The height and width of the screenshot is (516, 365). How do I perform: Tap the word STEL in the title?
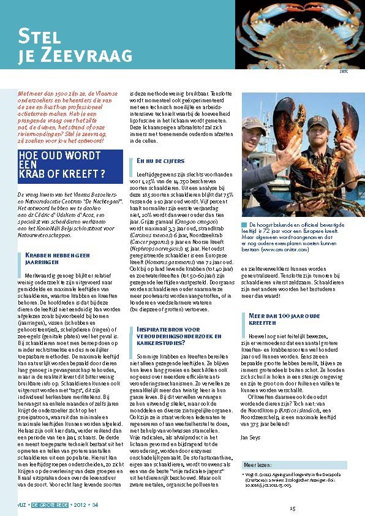pyautogui.click(x=41, y=35)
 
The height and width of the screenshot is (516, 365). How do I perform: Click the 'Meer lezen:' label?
pyautogui.click(x=255, y=465)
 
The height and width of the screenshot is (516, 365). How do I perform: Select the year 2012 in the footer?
pyautogui.click(x=81, y=505)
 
